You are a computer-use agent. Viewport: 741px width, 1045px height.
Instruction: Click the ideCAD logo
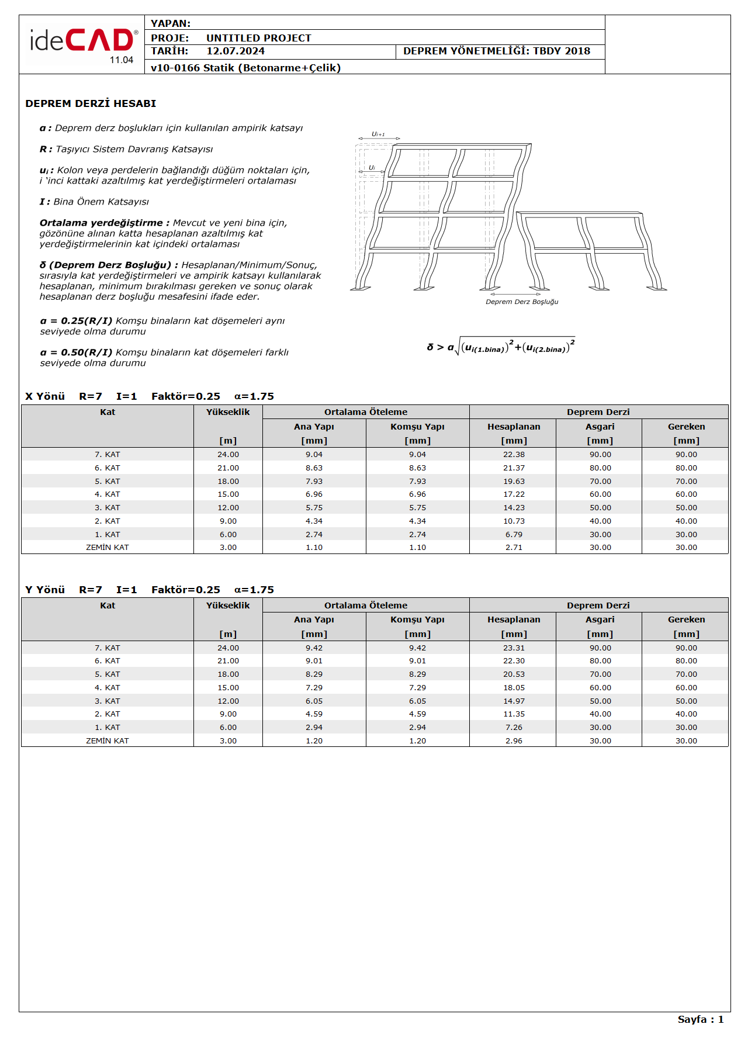(x=82, y=41)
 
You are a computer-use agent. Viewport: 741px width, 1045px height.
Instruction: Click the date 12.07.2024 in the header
(x=236, y=51)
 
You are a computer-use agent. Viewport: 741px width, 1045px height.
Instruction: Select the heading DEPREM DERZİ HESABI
(x=91, y=104)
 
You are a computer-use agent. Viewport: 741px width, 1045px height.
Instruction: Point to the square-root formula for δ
(x=501, y=347)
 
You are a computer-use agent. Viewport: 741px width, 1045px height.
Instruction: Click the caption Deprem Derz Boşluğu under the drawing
(x=522, y=302)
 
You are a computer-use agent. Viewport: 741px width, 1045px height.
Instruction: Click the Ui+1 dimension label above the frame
(x=379, y=134)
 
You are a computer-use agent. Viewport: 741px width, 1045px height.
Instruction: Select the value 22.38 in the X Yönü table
(x=514, y=455)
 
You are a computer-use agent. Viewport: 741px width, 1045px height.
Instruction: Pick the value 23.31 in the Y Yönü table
(x=514, y=648)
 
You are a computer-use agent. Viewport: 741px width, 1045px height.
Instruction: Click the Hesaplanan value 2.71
(x=514, y=548)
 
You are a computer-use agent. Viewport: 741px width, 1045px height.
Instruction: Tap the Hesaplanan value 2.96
(x=514, y=741)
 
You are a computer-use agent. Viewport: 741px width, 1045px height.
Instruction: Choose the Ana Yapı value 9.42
(x=314, y=648)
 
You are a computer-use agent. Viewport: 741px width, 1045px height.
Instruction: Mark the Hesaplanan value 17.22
(x=514, y=494)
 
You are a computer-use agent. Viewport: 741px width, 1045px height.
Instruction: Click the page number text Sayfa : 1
(x=700, y=1019)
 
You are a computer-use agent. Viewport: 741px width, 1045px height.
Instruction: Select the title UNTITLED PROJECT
(x=258, y=38)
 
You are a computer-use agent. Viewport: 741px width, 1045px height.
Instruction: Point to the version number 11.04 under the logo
(x=122, y=60)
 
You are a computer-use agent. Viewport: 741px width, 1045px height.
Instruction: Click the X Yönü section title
(x=45, y=396)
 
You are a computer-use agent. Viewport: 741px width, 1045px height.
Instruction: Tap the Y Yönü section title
(x=45, y=590)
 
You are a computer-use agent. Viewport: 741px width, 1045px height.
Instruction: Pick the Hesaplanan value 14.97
(x=514, y=701)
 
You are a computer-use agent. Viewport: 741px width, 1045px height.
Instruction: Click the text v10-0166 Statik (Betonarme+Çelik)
(x=245, y=68)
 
